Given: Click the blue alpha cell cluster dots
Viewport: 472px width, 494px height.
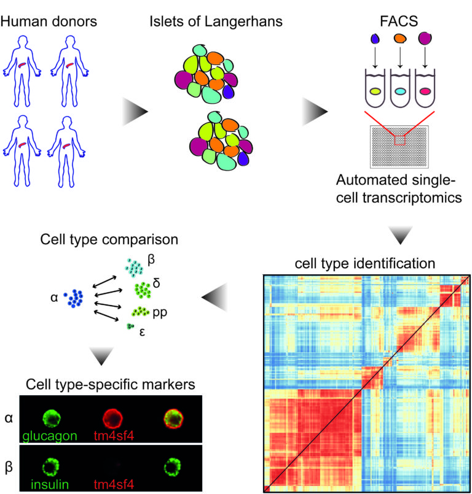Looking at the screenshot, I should click(x=76, y=299).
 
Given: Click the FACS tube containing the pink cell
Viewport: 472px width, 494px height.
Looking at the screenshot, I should click(x=425, y=91).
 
